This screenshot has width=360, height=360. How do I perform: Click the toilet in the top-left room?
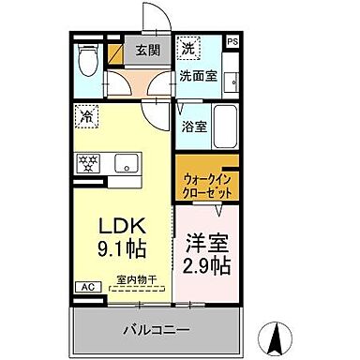tap(86, 64)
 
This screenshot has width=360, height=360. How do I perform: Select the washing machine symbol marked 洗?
tap(189, 49)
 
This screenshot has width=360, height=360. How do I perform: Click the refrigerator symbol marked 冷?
tap(86, 118)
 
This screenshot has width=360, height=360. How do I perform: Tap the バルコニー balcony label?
tap(157, 330)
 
